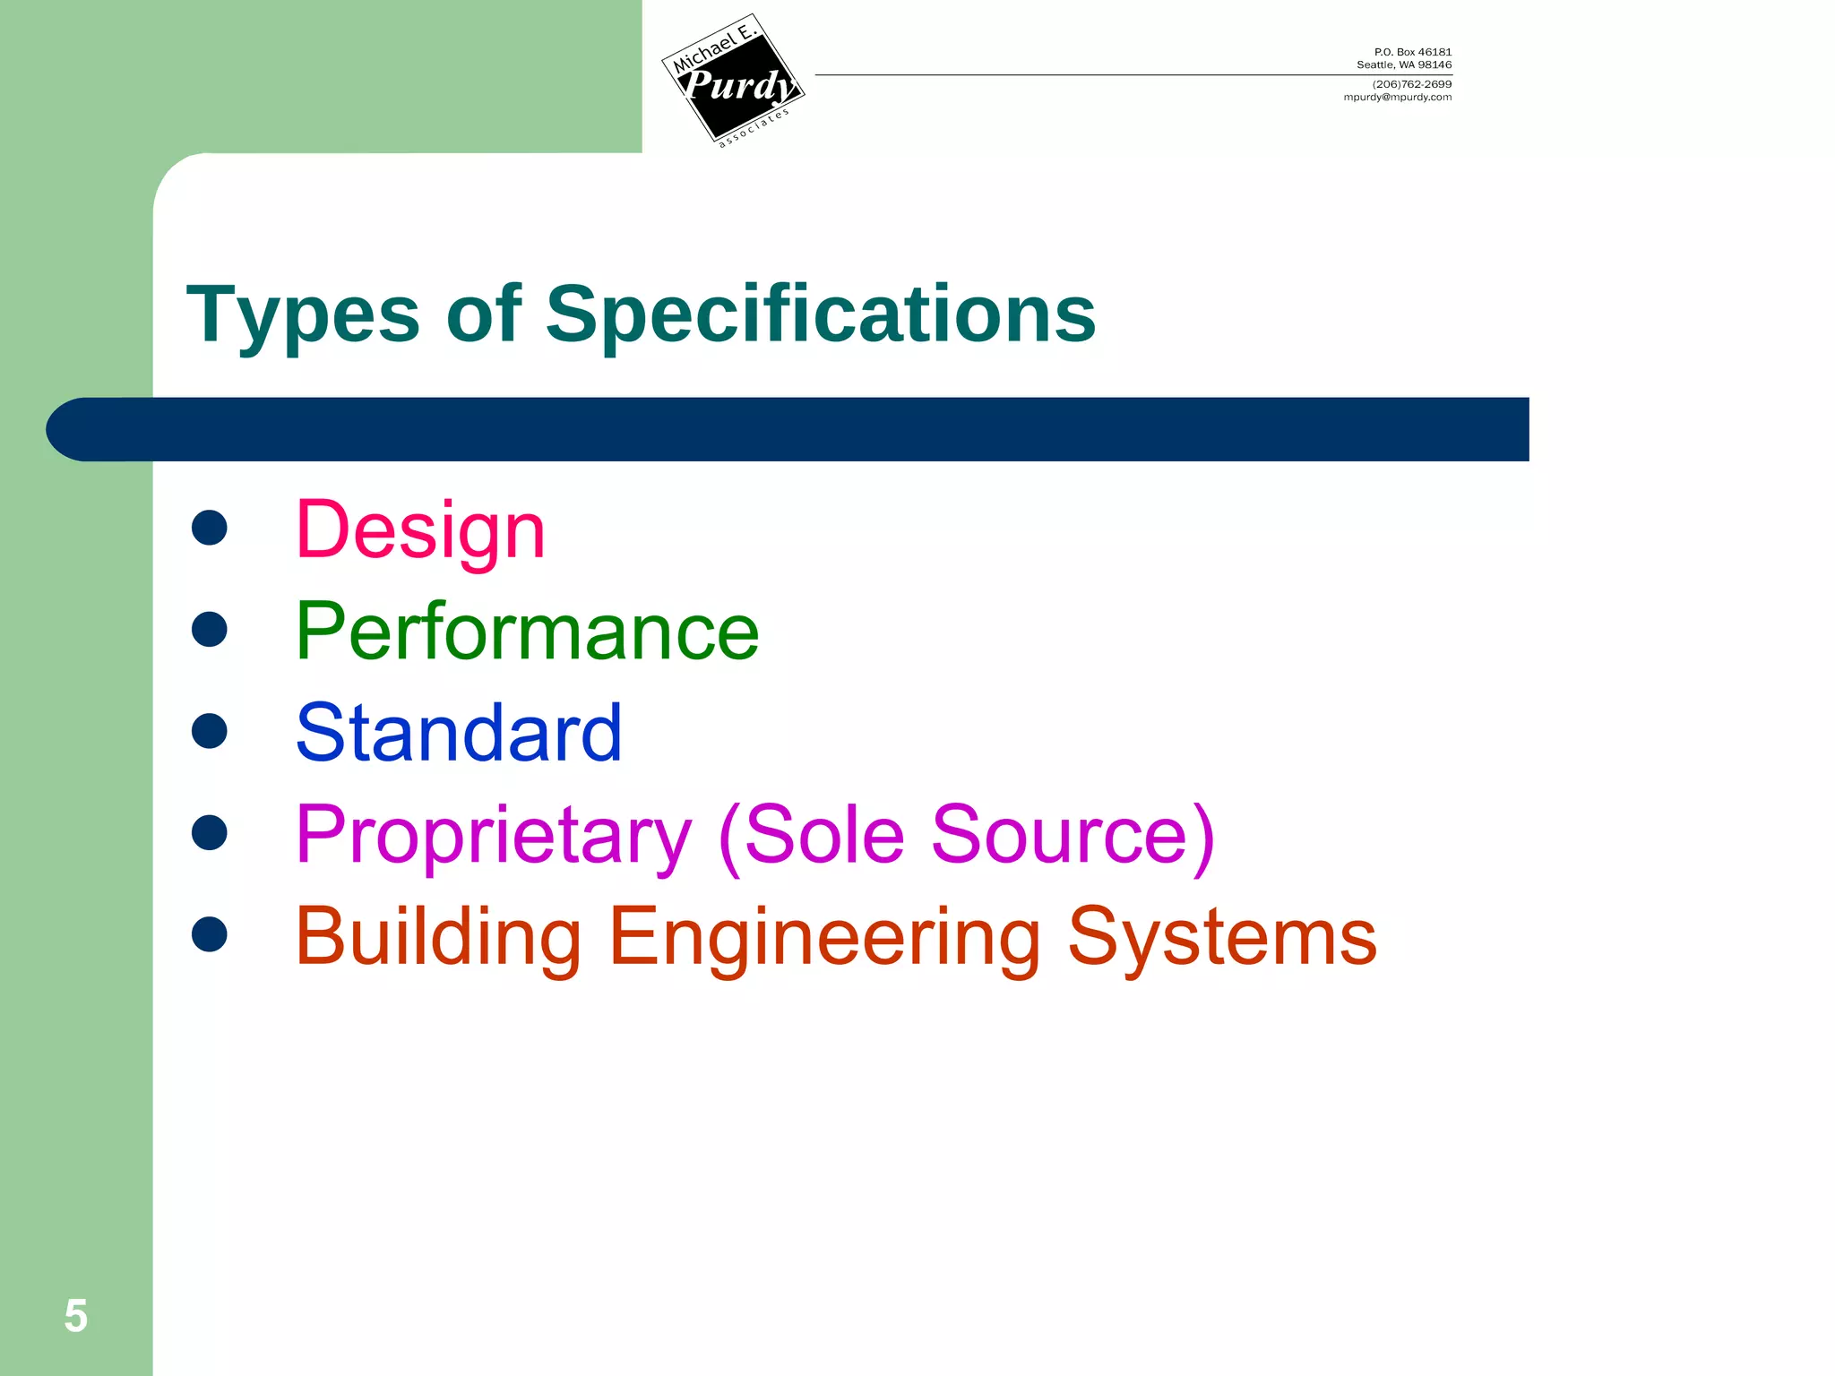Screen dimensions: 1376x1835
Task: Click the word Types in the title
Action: click(303, 315)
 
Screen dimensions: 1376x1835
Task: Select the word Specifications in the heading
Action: click(820, 315)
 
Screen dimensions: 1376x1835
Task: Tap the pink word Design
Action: click(420, 530)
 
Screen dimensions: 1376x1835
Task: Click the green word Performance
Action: click(527, 632)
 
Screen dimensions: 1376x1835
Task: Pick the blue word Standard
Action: click(459, 734)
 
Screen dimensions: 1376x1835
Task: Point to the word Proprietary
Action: click(494, 836)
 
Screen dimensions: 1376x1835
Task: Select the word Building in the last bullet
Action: click(438, 937)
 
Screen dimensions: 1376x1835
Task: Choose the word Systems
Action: click(1222, 937)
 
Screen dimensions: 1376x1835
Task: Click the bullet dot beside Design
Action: click(210, 528)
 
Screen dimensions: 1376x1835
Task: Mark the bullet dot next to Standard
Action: click(210, 731)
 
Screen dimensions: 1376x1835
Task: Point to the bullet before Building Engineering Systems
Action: click(210, 934)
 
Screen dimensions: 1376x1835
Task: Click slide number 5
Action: click(76, 1316)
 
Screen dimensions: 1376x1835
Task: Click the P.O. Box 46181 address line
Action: click(1412, 52)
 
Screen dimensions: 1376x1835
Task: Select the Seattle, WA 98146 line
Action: click(1403, 64)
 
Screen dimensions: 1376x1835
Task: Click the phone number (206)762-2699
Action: click(1411, 84)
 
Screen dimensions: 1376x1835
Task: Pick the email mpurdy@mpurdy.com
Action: click(1397, 97)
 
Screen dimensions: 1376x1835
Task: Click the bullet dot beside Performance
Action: click(210, 629)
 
